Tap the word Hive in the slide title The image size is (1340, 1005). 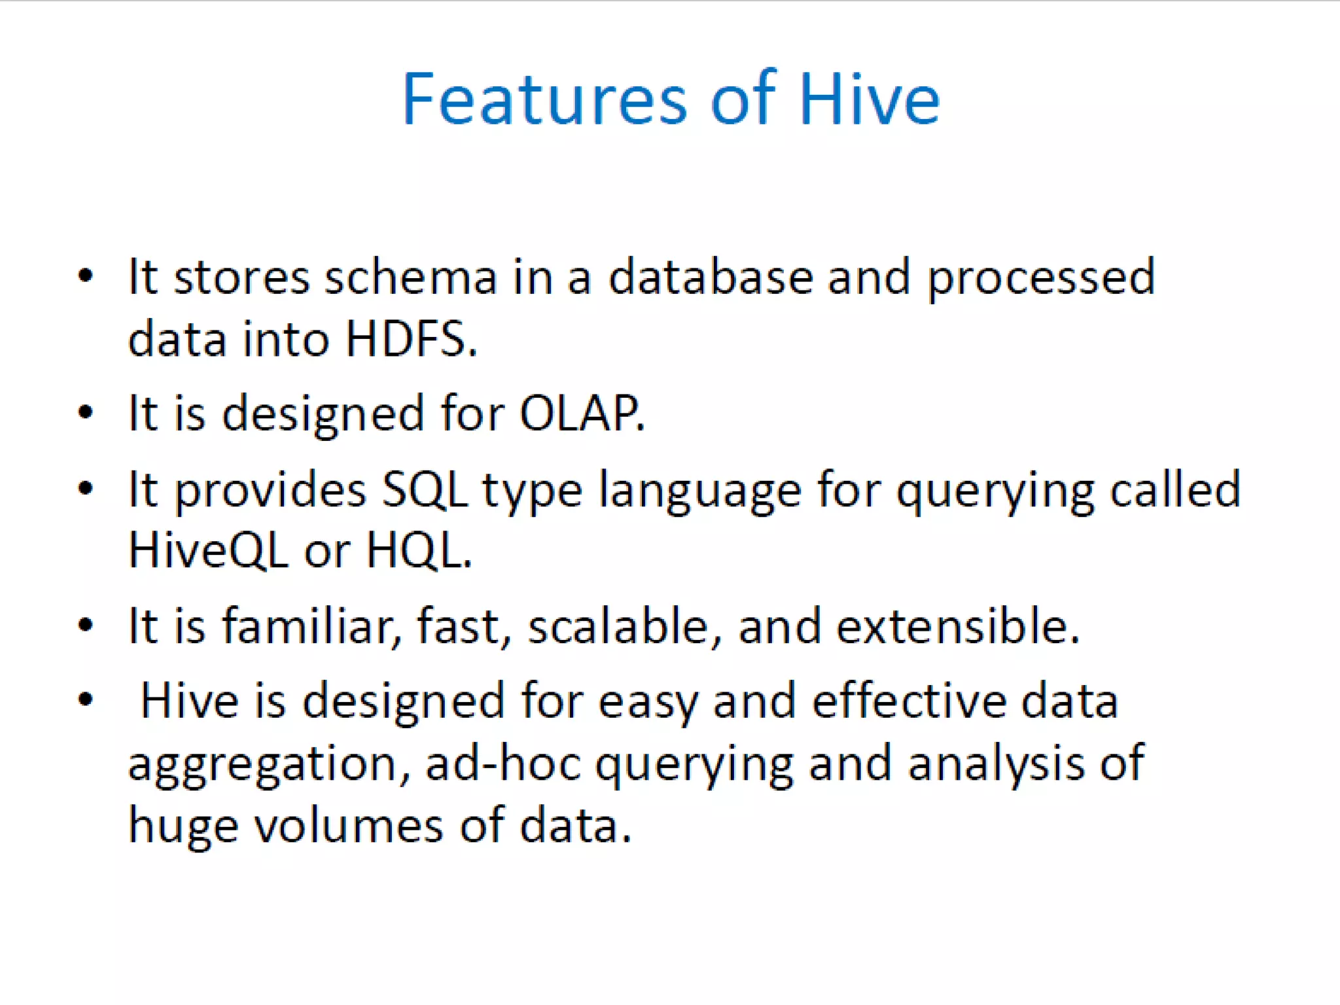[869, 99]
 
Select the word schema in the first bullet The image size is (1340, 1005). [412, 277]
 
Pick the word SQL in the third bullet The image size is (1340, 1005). [425, 489]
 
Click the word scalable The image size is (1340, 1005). [618, 626]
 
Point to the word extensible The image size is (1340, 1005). [957, 626]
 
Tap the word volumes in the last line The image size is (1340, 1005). [349, 826]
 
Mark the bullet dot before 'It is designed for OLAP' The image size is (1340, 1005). [86, 414]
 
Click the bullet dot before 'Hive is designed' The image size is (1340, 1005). [86, 700]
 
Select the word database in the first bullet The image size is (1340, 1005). [711, 277]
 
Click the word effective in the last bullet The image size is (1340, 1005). [909, 700]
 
